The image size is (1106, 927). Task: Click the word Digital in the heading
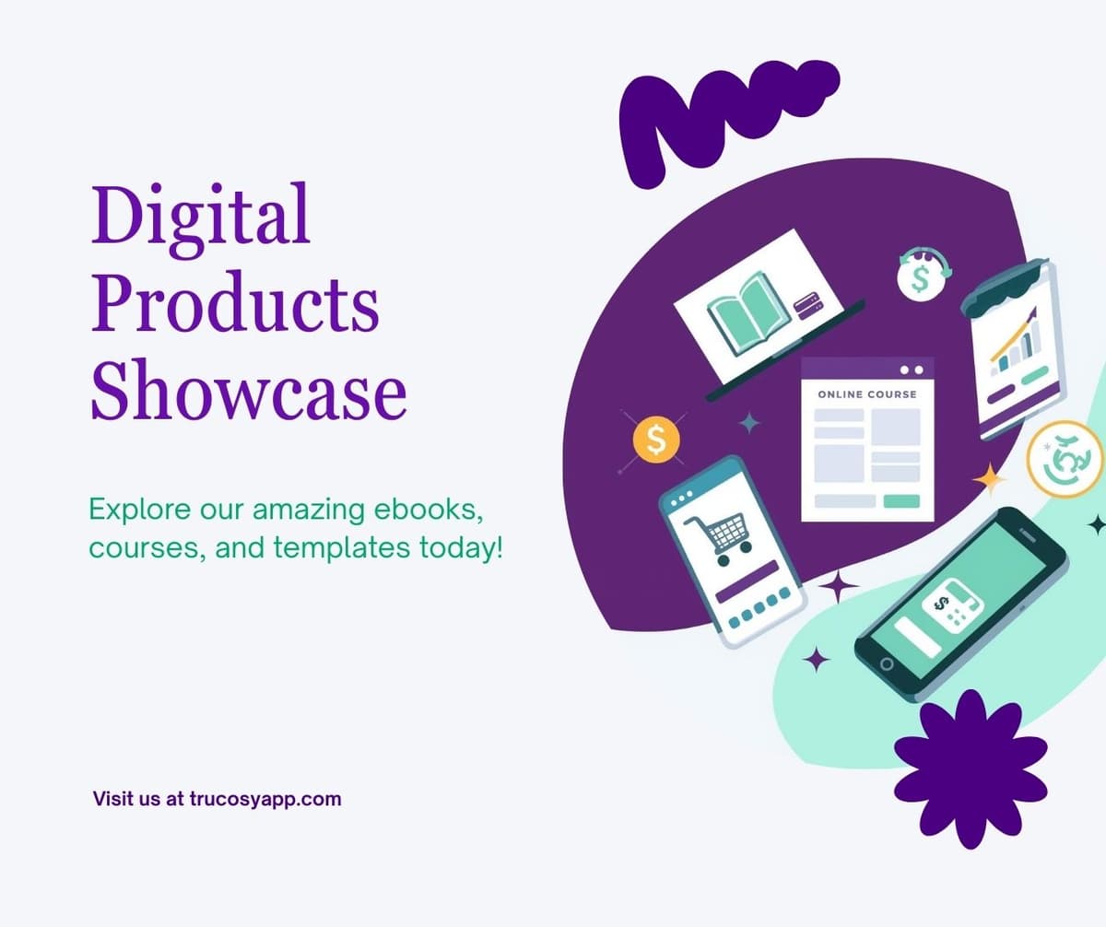click(200, 215)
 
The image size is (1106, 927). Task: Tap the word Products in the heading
click(235, 303)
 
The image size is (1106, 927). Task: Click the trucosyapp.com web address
click(265, 799)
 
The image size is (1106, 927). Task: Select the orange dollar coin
click(656, 441)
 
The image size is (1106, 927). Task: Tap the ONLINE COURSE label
click(867, 394)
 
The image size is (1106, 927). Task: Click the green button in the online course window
click(901, 501)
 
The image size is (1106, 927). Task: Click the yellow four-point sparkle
click(990, 480)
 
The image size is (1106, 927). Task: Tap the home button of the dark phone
click(887, 664)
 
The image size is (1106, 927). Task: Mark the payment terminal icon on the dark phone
click(955, 608)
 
